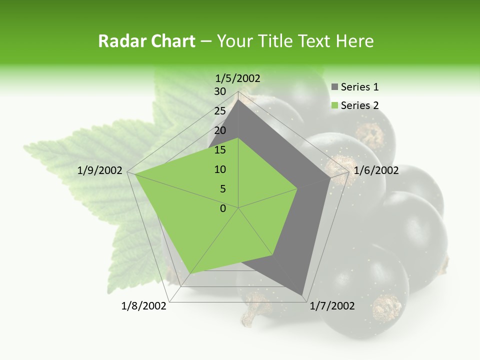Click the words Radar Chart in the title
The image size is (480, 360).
tap(146, 41)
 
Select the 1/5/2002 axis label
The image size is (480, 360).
tap(238, 78)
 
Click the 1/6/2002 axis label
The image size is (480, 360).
tap(376, 170)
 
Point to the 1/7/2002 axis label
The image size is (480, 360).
tap(332, 306)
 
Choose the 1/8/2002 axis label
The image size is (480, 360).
tap(144, 306)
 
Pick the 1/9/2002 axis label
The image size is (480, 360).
tap(100, 170)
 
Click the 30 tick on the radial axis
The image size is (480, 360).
tap(220, 91)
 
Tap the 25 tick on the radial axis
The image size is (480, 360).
tap(220, 111)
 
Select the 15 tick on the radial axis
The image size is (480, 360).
tap(220, 150)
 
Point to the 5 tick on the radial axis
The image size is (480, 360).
tap(222, 189)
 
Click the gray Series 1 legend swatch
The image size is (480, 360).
tap(334, 87)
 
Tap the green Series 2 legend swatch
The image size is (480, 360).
tap(334, 105)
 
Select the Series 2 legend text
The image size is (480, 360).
tap(359, 105)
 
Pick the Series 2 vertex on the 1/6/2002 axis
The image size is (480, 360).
tap(297, 188)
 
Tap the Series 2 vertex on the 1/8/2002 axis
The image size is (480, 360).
tap(191, 273)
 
